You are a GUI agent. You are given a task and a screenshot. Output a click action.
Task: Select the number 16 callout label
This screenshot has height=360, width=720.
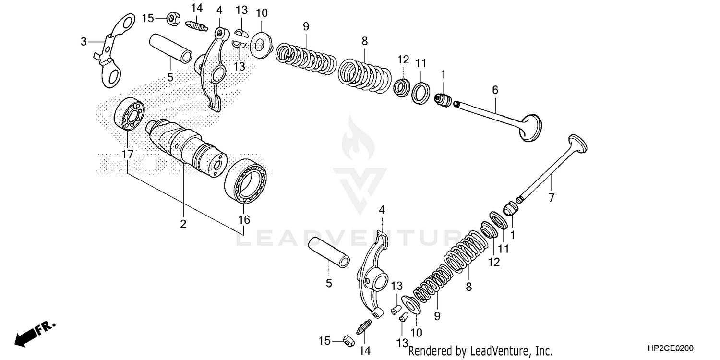pos(244,220)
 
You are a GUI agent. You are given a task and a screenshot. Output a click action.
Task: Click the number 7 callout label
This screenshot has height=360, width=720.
pos(551,197)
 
